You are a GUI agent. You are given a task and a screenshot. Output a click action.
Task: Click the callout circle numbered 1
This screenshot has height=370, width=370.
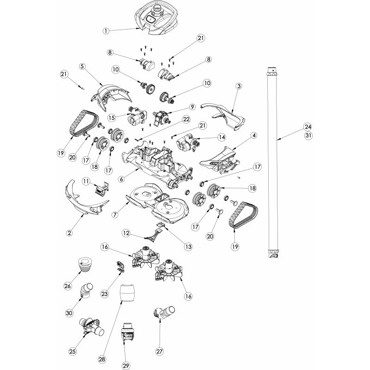pyautogui.click(x=106, y=31)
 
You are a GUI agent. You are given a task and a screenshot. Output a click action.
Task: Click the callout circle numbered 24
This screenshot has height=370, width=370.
pyautogui.click(x=308, y=127)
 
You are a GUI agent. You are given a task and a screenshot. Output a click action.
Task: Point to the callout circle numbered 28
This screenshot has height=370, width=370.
pyautogui.click(x=103, y=359)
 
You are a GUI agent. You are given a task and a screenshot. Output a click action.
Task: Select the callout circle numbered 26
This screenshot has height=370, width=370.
pyautogui.click(x=68, y=286)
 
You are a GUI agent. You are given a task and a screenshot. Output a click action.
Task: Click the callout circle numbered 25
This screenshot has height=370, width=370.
pyautogui.click(x=73, y=351)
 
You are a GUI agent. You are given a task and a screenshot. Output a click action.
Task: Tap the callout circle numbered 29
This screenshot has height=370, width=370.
pyautogui.click(x=126, y=366)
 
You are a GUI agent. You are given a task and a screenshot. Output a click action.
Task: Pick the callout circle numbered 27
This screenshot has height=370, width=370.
pyautogui.click(x=160, y=351)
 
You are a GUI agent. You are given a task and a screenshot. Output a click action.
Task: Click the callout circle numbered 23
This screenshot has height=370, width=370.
pyautogui.click(x=105, y=294)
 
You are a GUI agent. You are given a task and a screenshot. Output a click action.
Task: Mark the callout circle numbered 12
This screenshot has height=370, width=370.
pyautogui.click(x=126, y=233)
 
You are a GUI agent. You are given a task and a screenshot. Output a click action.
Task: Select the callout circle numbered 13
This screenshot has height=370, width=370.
pyautogui.click(x=188, y=247)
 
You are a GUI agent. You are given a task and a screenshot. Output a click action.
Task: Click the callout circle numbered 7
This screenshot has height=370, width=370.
pyautogui.click(x=115, y=215)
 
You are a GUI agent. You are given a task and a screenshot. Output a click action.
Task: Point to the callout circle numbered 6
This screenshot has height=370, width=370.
pyautogui.click(x=122, y=179)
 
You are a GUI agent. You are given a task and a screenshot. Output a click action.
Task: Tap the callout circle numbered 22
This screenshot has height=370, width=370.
pyautogui.click(x=186, y=119)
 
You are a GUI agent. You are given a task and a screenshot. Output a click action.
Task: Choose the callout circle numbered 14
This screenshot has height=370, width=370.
pyautogui.click(x=222, y=137)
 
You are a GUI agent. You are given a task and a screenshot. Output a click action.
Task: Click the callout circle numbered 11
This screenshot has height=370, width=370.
pyautogui.click(x=86, y=181)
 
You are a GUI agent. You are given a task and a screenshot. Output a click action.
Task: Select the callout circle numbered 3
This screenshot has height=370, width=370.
pyautogui.click(x=239, y=86)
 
